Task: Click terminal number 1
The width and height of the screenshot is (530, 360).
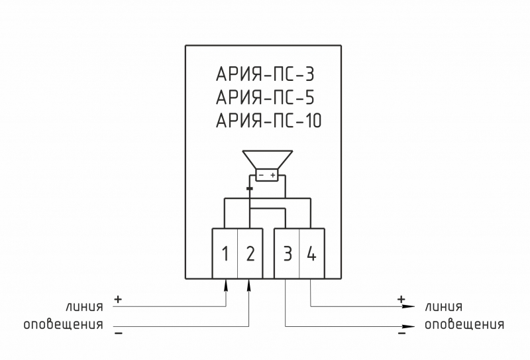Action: pyautogui.click(x=225, y=254)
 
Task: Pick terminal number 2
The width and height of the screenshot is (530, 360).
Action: pyautogui.click(x=250, y=254)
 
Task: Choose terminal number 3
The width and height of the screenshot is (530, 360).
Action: pyautogui.click(x=287, y=254)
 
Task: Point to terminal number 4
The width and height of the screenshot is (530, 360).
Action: pyautogui.click(x=311, y=254)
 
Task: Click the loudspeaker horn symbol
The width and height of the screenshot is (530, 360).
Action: pyautogui.click(x=267, y=160)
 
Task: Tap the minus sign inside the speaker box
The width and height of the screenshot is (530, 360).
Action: pyautogui.click(x=261, y=175)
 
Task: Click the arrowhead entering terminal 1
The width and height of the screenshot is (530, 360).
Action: pyautogui.click(x=225, y=284)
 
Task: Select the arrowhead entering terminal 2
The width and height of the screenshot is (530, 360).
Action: pyautogui.click(x=250, y=284)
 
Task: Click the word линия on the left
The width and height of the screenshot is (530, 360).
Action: pyautogui.click(x=84, y=306)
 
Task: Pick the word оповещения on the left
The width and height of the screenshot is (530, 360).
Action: pyautogui.click(x=64, y=325)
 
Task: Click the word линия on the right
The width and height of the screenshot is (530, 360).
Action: pyautogui.click(x=444, y=306)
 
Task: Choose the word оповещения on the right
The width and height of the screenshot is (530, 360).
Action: pyautogui.click(x=464, y=325)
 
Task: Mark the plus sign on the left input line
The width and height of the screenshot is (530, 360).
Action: pyautogui.click(x=118, y=300)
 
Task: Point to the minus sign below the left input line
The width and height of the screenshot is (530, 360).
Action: pyautogui.click(x=118, y=333)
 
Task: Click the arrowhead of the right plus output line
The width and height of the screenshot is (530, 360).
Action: pyautogui.click(x=411, y=306)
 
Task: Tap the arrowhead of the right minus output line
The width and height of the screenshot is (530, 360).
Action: pyautogui.click(x=411, y=326)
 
